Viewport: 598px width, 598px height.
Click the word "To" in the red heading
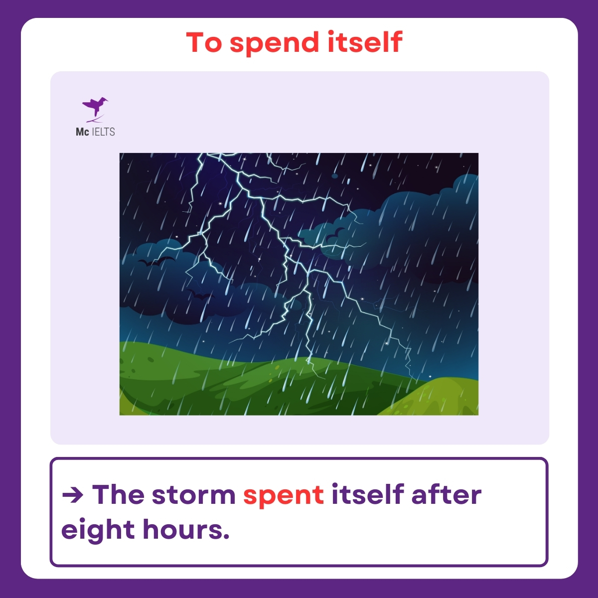[203, 43]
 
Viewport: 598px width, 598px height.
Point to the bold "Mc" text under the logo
[82, 132]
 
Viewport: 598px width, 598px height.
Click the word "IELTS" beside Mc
[104, 132]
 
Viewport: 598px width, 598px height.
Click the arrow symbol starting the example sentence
[73, 495]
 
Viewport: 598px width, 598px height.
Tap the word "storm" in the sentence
[193, 495]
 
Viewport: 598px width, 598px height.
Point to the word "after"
[446, 494]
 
